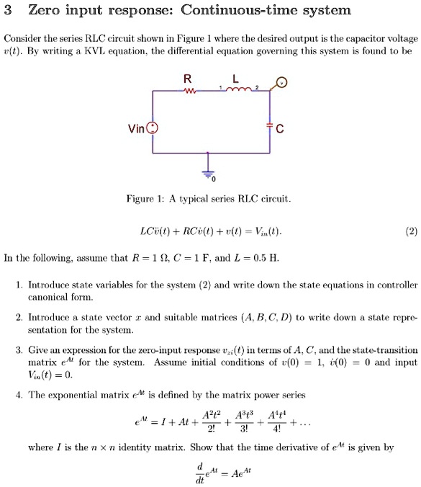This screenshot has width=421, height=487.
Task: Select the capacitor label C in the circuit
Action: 280,130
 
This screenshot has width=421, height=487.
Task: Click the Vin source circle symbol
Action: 152,130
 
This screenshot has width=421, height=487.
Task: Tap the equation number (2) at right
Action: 409,232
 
